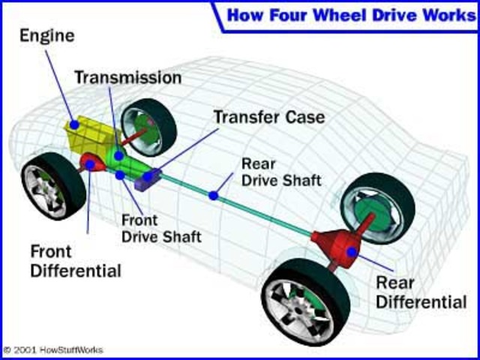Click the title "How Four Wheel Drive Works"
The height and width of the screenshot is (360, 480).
tap(350, 14)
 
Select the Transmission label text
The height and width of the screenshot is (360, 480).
tap(127, 78)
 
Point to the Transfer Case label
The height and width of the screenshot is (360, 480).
tap(269, 117)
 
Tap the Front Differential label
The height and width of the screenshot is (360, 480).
tap(76, 259)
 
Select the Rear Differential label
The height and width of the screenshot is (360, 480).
tap(421, 292)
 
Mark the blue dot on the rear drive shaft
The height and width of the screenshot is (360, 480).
tap(214, 196)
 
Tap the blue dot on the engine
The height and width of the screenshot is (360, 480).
tap(73, 123)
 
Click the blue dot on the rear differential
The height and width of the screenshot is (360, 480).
tap(351, 253)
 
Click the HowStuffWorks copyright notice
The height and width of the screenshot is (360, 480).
tap(54, 350)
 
